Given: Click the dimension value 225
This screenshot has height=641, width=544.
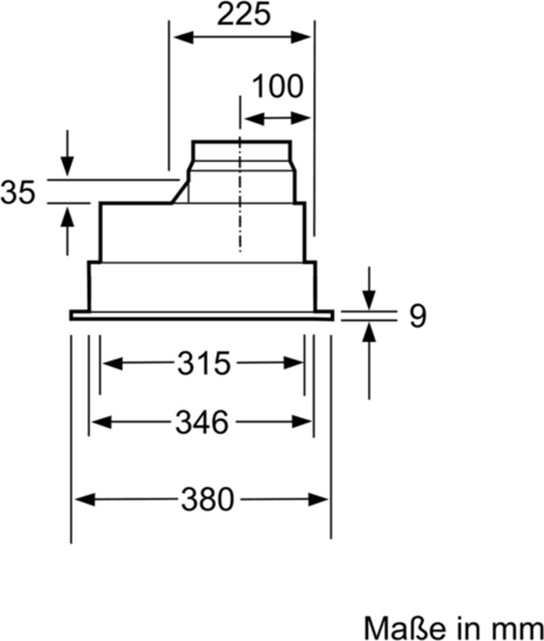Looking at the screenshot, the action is tap(244, 15).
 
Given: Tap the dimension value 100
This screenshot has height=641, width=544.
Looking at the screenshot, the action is tap(278, 86).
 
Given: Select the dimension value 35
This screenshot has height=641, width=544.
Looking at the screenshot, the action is tap(18, 192).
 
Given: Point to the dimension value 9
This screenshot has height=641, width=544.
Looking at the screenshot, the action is tap(417, 315).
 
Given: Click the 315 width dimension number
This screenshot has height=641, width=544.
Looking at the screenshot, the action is tap(204, 363).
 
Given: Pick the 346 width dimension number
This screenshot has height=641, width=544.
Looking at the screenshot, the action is tap(202, 423).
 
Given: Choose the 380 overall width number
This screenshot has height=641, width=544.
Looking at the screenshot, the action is tap(207, 499).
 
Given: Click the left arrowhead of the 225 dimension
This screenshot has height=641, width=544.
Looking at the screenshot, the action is tap(183, 38).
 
